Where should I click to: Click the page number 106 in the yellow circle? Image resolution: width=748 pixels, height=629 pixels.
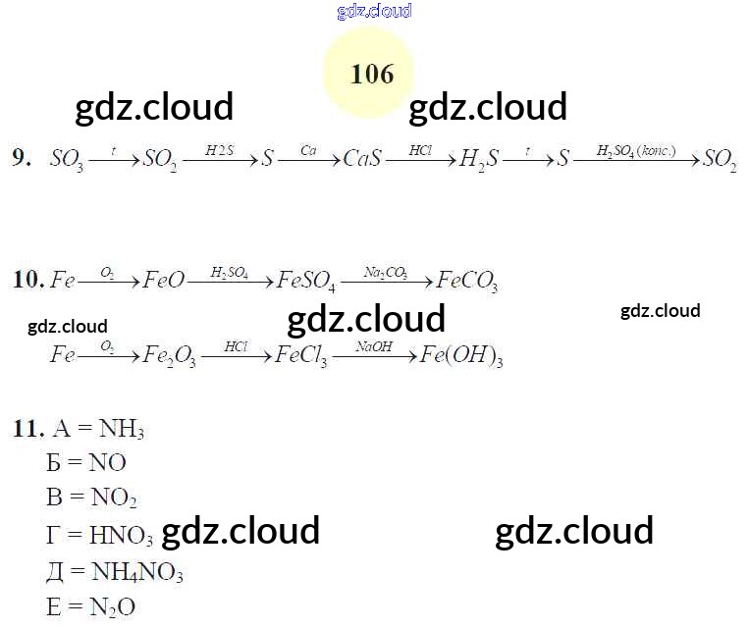pos(371,75)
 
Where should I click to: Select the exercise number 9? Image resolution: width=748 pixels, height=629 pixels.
pos(22,158)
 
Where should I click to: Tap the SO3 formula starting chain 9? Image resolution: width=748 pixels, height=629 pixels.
pos(66,160)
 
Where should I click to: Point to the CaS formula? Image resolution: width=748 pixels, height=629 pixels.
pos(362,159)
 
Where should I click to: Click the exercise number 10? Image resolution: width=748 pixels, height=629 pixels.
pos(27,281)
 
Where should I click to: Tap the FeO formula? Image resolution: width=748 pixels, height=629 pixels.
pos(163,281)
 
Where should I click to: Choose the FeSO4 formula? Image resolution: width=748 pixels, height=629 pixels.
pos(306,283)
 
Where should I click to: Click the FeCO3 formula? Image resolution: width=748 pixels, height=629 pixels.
pos(466,283)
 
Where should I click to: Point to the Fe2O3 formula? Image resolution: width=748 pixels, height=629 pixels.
pos(169,355)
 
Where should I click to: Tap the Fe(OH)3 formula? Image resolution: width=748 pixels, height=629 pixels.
pos(461,355)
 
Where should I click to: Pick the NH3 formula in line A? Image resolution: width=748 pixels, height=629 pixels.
pos(122,430)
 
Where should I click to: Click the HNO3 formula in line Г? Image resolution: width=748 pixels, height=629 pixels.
pos(121,537)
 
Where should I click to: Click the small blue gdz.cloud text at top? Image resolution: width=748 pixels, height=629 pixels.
pos(373,12)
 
